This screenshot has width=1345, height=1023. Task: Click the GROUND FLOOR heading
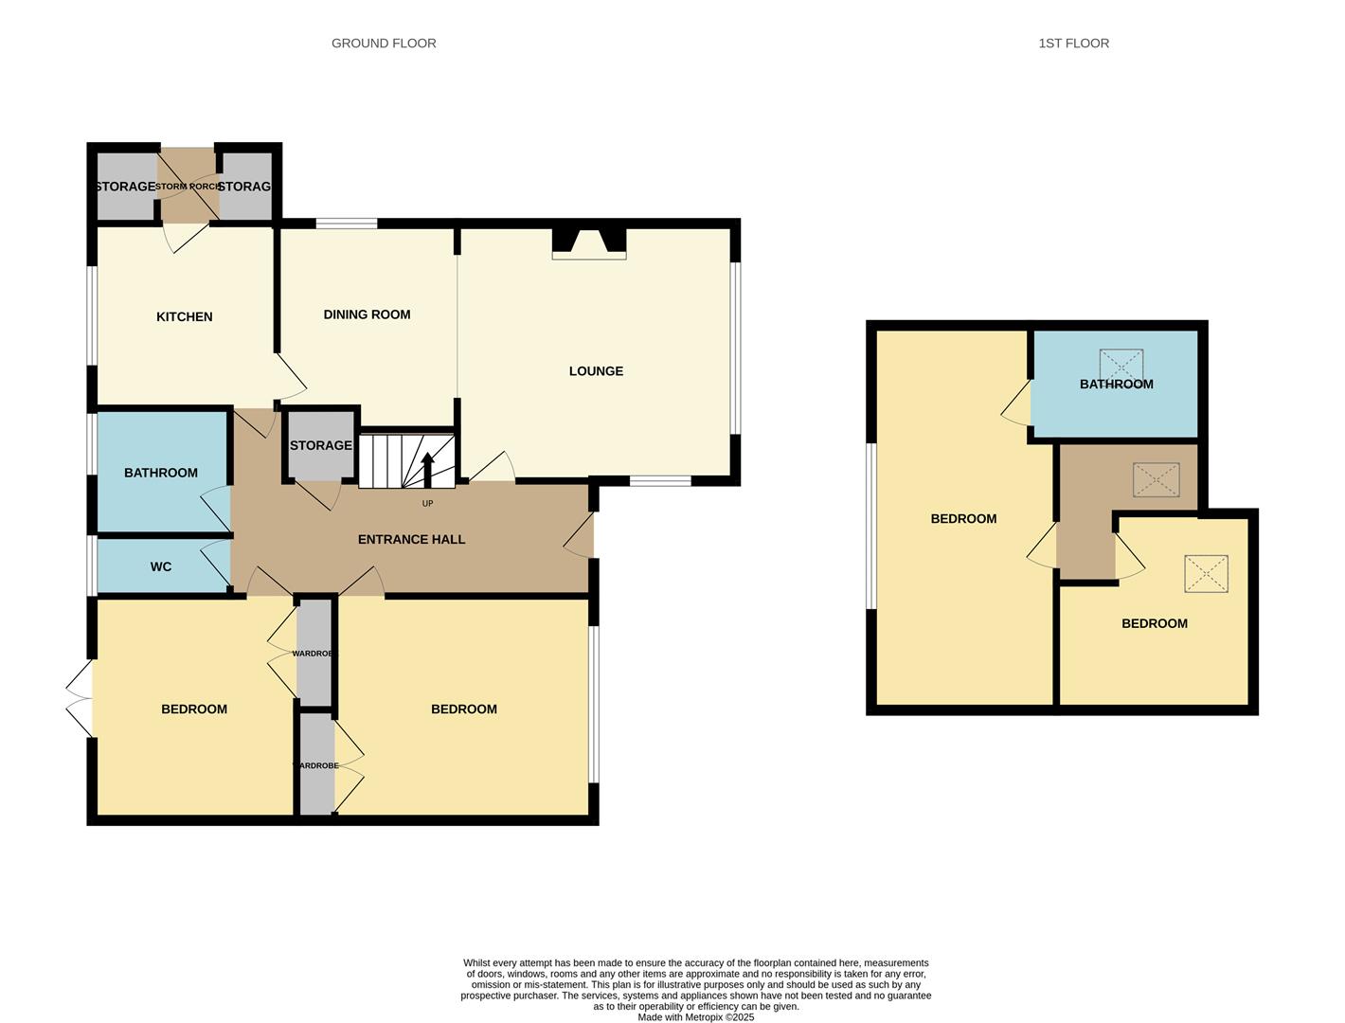[x=384, y=44]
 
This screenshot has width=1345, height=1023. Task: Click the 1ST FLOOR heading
[x=1073, y=44]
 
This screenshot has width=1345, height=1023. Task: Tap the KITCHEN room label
[x=185, y=317]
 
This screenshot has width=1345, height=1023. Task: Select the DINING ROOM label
[x=367, y=314]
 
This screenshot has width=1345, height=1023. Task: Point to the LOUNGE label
[x=596, y=371]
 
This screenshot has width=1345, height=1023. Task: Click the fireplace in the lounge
[x=589, y=243]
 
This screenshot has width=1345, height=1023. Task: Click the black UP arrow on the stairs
[x=427, y=469]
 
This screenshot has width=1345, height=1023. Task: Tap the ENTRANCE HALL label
[x=411, y=540]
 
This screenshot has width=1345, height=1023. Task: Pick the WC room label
[x=161, y=567]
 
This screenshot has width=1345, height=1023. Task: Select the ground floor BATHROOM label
[x=161, y=473]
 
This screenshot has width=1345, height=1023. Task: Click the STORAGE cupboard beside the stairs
[x=320, y=446]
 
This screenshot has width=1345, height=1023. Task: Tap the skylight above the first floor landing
[x=1156, y=480]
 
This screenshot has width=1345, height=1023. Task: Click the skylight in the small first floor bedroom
[x=1205, y=574]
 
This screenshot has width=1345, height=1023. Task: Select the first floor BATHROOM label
[x=1117, y=385]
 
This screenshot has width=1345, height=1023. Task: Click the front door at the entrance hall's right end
[x=580, y=536]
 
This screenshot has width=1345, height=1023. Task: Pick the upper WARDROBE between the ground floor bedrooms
[x=314, y=654]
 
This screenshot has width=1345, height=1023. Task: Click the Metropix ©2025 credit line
[x=695, y=1017]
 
